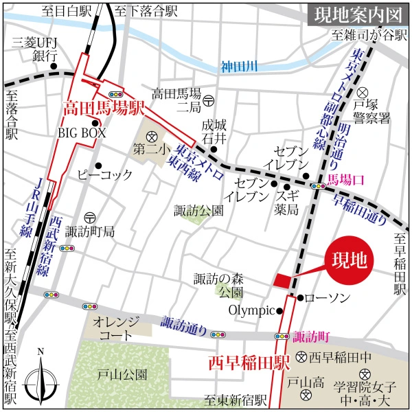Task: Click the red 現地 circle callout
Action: (x=349, y=260)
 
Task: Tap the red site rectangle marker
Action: (x=282, y=280)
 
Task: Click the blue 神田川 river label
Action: (x=238, y=67)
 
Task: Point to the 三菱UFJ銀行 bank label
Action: (x=34, y=49)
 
